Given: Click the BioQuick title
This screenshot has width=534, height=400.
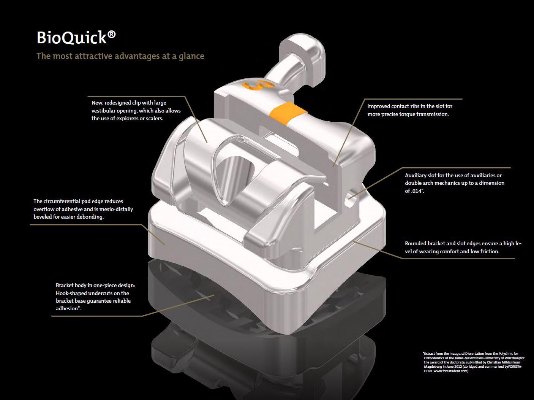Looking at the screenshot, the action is coord(76,38).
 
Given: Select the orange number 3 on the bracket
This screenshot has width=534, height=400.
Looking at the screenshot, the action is coord(258,84).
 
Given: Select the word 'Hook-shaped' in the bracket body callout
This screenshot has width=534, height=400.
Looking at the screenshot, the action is coord(71,293).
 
